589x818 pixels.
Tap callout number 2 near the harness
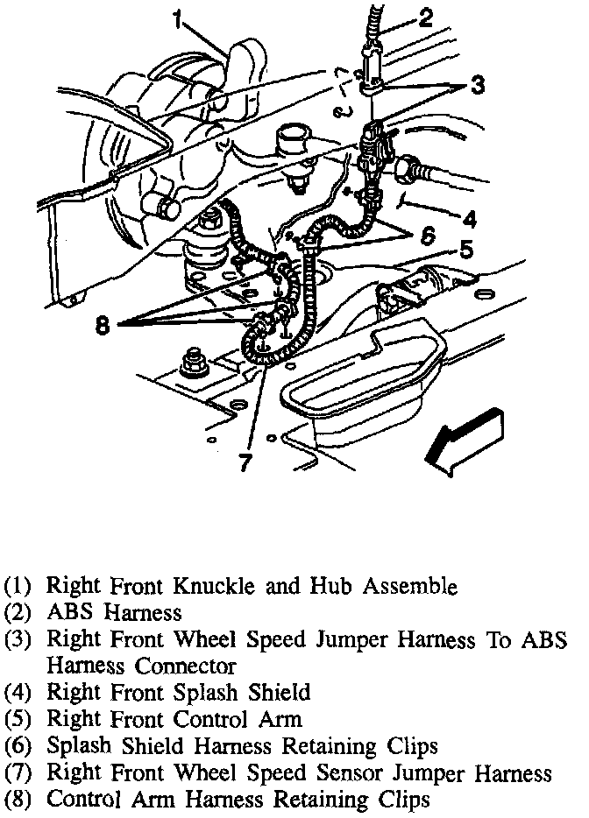click(426, 18)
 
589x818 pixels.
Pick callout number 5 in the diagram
click(466, 251)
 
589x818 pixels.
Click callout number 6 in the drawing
click(426, 236)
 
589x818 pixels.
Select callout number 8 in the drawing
click(104, 325)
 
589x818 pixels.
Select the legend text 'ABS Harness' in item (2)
click(114, 612)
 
